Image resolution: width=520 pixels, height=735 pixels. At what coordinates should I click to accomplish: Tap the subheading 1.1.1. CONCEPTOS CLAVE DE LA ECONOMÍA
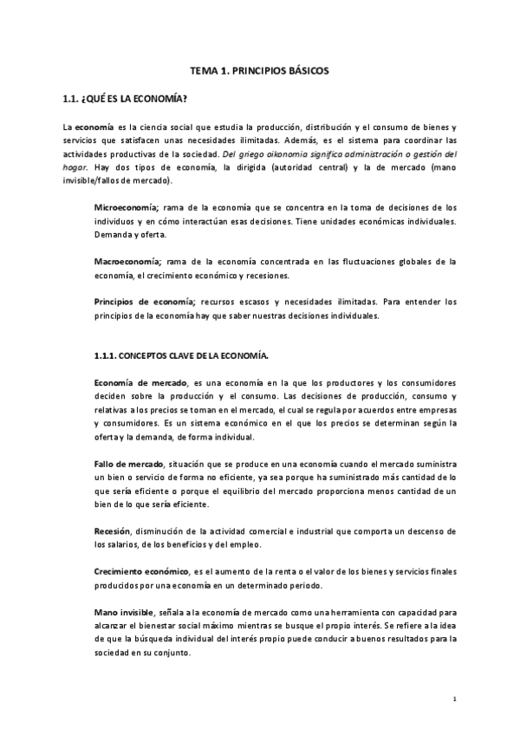click(x=181, y=355)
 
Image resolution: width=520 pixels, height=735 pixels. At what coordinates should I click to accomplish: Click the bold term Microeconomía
click(x=126, y=208)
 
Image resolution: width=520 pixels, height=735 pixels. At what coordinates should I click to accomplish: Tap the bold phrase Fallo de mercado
click(x=128, y=464)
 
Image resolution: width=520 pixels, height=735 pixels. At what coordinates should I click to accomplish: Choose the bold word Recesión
click(x=112, y=530)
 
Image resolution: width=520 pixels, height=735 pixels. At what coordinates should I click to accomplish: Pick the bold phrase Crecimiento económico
click(x=140, y=572)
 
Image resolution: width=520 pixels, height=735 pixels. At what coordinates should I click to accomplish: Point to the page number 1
click(x=455, y=698)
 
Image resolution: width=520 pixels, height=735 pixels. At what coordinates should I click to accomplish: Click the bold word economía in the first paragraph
click(x=94, y=127)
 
